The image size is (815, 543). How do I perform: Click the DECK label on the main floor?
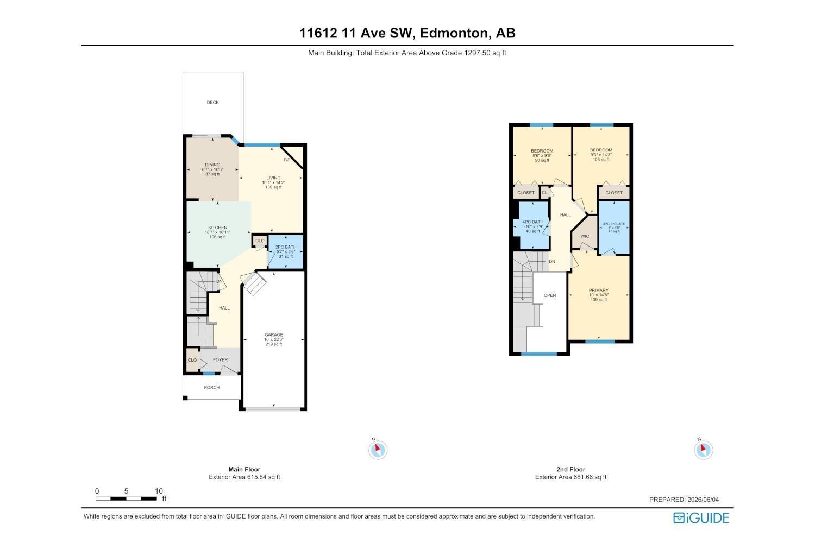tap(213, 102)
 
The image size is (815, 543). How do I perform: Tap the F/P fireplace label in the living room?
tap(287, 160)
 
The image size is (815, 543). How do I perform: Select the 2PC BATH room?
tap(286, 251)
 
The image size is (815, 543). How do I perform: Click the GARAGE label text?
tap(274, 334)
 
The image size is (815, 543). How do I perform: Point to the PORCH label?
tap(212, 387)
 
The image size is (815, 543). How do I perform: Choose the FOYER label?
tap(220, 359)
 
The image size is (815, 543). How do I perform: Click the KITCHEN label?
tap(217, 228)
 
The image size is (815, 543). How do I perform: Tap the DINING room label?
tap(212, 165)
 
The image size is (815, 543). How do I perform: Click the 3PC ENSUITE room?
tap(614, 228)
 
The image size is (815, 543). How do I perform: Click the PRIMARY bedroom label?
tap(599, 290)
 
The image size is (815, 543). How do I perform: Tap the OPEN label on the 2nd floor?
tap(550, 295)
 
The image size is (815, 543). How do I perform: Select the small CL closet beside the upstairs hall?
tap(544, 192)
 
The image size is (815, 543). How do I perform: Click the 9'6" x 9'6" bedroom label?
tap(542, 156)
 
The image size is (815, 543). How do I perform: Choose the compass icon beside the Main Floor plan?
tap(378, 450)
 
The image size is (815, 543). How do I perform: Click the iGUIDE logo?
tap(701, 518)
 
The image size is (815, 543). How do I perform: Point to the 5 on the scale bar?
tap(126, 491)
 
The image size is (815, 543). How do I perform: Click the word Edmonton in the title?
tap(454, 33)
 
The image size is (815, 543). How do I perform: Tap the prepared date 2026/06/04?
tap(703, 500)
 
